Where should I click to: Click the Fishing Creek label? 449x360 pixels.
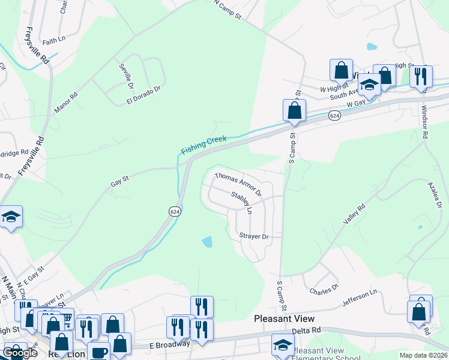tap(204, 143)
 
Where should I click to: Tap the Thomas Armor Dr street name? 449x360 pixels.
tap(238, 184)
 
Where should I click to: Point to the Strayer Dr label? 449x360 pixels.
tap(253, 236)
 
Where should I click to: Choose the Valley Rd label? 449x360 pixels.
tap(354, 213)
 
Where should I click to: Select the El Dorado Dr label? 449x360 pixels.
tap(144, 94)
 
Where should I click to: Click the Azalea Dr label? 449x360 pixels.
tap(435, 196)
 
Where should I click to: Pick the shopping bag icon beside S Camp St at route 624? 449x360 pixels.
tap(295, 110)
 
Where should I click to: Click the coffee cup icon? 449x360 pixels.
tap(98, 352)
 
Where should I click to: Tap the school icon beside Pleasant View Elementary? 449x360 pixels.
tap(283, 344)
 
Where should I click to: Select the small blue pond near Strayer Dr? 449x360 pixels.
tap(207, 242)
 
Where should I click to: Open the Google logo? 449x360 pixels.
tap(20, 353)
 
